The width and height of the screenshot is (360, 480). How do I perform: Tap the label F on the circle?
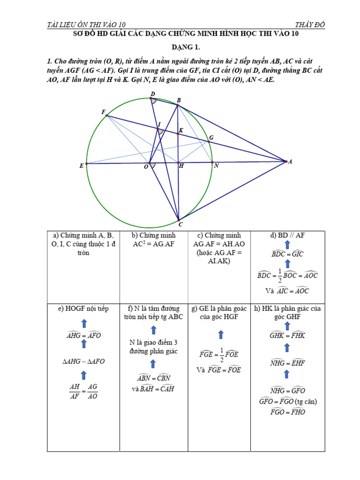coord(103,112)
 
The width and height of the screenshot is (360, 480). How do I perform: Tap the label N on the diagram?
coord(216,166)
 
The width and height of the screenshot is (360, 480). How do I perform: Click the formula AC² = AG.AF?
coord(153,244)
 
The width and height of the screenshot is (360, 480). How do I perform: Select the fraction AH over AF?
coord(75,391)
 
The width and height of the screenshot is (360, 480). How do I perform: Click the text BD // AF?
coord(288,235)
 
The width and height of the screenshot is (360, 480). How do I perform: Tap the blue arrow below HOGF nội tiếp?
coord(84,323)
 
